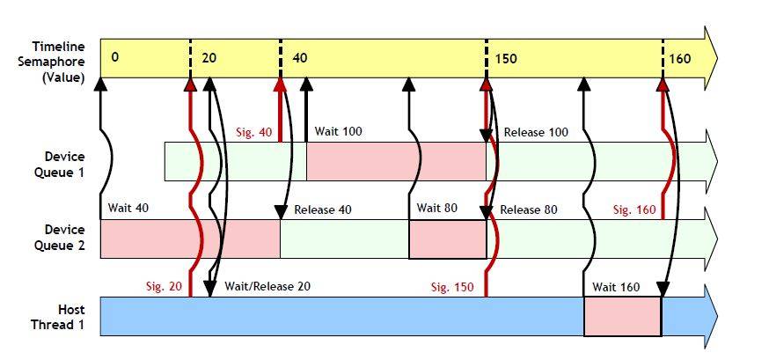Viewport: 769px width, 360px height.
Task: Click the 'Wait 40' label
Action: (x=128, y=208)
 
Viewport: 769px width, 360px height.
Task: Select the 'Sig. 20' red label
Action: (x=165, y=286)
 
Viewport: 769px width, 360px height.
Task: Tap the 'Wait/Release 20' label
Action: (x=267, y=286)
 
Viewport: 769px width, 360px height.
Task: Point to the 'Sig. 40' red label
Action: (x=254, y=132)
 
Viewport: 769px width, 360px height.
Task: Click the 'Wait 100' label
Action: (x=338, y=131)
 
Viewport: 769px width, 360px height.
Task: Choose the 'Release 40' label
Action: (x=323, y=209)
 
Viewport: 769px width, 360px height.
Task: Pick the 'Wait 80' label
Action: (x=436, y=208)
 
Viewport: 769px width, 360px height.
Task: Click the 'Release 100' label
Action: (x=536, y=132)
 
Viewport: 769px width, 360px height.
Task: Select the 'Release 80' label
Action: (x=529, y=209)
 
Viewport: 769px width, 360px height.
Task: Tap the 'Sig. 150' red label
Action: (x=452, y=287)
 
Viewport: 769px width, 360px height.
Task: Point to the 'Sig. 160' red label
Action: (x=634, y=209)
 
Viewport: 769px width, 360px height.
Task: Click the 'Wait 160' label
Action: (x=616, y=287)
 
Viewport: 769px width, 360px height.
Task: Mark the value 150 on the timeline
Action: (x=506, y=59)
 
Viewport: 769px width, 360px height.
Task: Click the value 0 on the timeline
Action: (x=114, y=57)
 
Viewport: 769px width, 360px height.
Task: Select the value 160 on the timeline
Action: (x=680, y=59)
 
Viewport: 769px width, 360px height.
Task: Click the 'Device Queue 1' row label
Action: (x=64, y=164)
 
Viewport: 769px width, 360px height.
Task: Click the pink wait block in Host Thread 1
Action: (x=622, y=316)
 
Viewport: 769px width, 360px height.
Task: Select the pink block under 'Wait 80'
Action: (x=447, y=239)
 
